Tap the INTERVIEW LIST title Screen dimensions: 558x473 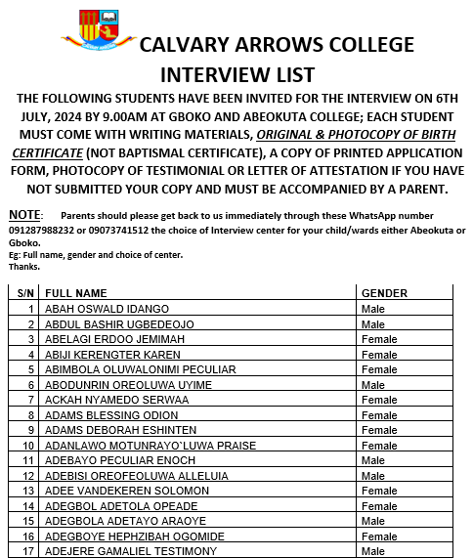click(236, 74)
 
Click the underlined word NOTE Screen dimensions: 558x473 click(24, 214)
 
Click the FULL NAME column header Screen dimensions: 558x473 click(76, 293)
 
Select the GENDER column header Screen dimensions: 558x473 click(385, 293)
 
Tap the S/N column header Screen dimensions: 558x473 click(26, 293)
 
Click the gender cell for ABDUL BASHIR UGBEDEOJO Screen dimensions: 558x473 click(372, 323)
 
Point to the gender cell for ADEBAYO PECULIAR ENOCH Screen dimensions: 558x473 click(372, 460)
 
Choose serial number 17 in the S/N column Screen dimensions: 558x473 click(29, 551)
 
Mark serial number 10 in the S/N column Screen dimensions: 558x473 click(29, 446)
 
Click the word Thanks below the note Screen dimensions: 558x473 click(24, 266)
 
